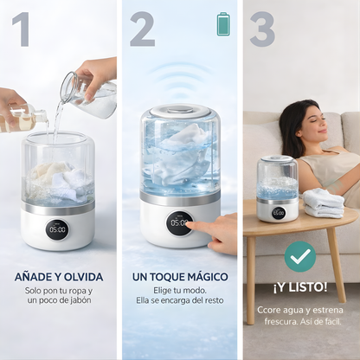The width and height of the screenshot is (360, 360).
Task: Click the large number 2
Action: click(x=142, y=29)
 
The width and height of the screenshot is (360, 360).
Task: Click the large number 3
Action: click(x=261, y=29)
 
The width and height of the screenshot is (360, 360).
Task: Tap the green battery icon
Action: click(x=223, y=23)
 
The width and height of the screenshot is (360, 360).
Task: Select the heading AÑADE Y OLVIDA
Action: click(x=60, y=276)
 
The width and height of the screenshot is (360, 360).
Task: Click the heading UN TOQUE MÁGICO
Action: click(x=179, y=276)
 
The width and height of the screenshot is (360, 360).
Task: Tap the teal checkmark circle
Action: click(x=299, y=256)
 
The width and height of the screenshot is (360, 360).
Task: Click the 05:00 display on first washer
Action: click(x=57, y=229)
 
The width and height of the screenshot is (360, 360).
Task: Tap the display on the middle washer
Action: click(x=179, y=223)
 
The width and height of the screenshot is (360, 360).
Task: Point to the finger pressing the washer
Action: click(x=209, y=228)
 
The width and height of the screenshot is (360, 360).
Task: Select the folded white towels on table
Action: click(x=324, y=202)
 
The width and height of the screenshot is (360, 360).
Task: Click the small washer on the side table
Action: click(x=277, y=188)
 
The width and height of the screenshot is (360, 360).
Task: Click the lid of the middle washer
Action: click(x=179, y=112)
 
